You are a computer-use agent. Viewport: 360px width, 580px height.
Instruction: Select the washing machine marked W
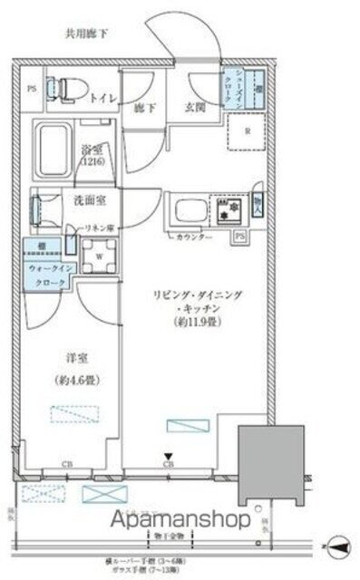point(96,256)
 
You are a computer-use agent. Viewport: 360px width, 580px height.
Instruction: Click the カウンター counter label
point(194,237)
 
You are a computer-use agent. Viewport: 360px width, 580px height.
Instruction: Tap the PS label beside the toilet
point(31,88)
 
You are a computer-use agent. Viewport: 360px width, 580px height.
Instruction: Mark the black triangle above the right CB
point(169,457)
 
